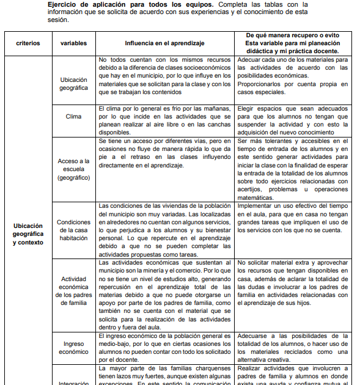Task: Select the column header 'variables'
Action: pos(73,44)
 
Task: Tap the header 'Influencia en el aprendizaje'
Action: pos(164,44)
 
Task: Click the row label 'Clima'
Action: pos(73,116)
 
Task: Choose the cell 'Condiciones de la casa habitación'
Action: pos(73,230)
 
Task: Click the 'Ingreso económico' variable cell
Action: pos(73,348)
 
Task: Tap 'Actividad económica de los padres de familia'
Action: pos(73,290)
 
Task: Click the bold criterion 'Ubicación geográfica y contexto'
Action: pos(28,234)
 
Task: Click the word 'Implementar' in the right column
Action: pos(255,206)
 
